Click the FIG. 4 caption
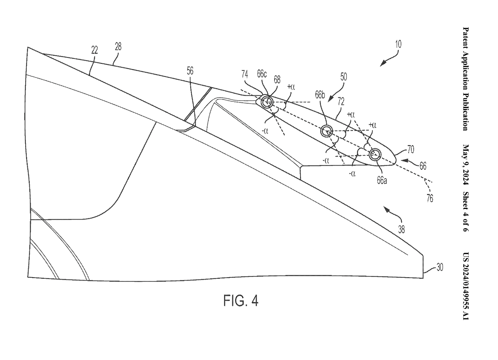[241, 301]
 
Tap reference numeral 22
[95, 50]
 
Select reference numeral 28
[118, 47]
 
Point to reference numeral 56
[190, 71]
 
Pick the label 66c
[262, 74]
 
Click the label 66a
[382, 180]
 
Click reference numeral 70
[411, 150]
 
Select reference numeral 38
[402, 230]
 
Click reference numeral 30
[439, 267]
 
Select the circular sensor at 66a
[375, 154]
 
